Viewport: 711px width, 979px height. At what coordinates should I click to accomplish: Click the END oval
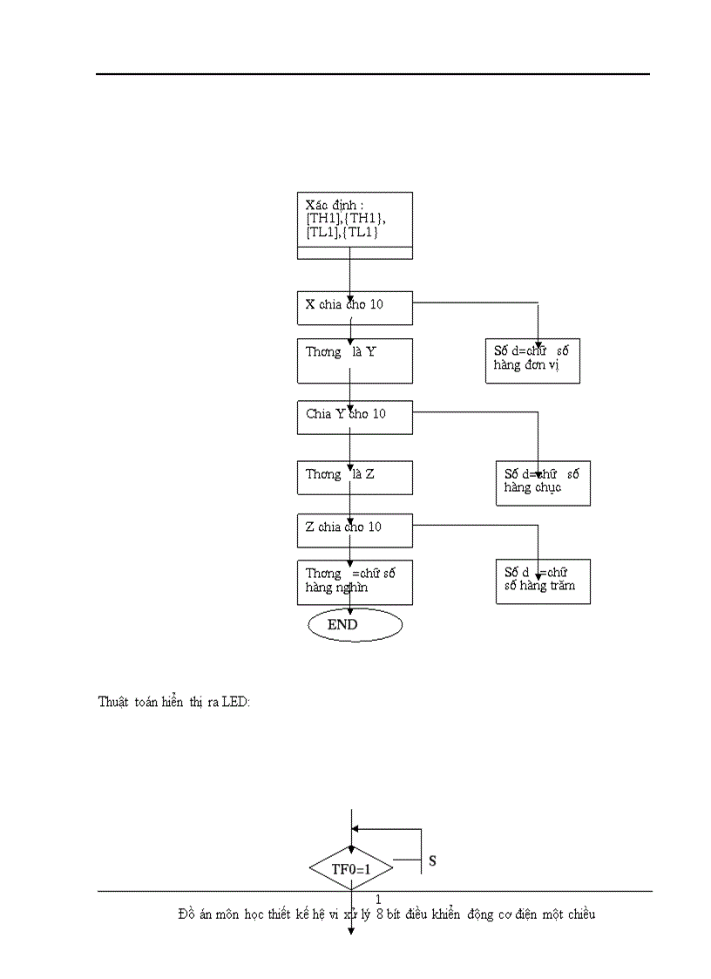[x=355, y=625]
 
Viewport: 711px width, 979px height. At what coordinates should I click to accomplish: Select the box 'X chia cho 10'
[x=355, y=305]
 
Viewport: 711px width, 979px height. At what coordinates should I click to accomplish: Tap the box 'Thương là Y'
[x=355, y=361]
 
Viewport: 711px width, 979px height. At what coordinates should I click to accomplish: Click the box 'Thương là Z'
[x=355, y=477]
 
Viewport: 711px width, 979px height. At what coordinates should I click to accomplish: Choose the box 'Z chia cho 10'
[x=355, y=528]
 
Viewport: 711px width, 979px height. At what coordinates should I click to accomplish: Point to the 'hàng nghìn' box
[x=355, y=582]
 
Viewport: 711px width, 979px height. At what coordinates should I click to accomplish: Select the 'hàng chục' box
[x=543, y=483]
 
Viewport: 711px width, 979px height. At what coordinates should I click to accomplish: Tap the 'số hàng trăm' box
[x=543, y=581]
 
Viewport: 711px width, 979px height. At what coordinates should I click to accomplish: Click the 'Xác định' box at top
[x=355, y=225]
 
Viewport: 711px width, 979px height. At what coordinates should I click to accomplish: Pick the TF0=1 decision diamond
[x=351, y=868]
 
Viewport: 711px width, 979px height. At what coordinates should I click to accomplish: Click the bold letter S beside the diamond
[x=432, y=861]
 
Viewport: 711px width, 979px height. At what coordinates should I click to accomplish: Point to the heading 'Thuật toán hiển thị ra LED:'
[x=174, y=702]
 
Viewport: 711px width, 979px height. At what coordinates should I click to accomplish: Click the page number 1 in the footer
[x=378, y=899]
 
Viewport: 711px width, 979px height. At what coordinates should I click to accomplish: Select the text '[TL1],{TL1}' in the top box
[x=342, y=234]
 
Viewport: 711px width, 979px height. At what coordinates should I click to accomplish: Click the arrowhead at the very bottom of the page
[x=351, y=930]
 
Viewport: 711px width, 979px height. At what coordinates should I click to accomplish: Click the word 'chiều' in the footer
[x=578, y=914]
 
